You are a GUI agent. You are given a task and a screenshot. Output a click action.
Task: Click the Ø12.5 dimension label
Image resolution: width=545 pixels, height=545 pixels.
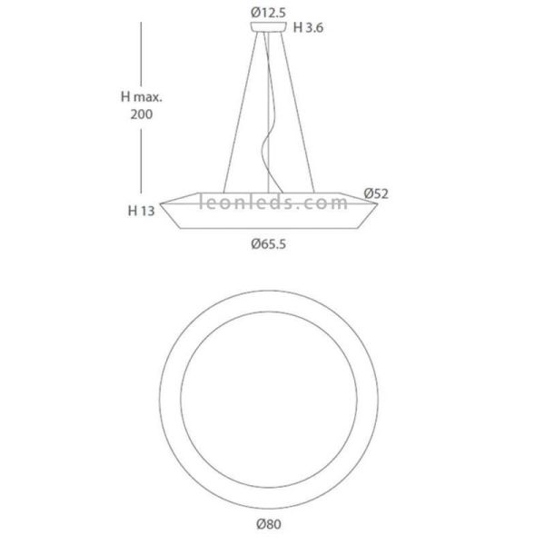pyautogui.click(x=268, y=13)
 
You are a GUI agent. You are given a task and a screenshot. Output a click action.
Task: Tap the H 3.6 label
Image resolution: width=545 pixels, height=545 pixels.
pyautogui.click(x=308, y=27)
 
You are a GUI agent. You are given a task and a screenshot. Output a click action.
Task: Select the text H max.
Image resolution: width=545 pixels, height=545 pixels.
pyautogui.click(x=142, y=96)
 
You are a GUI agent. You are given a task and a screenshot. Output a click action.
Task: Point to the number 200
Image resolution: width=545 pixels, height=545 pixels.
pyautogui.click(x=142, y=114)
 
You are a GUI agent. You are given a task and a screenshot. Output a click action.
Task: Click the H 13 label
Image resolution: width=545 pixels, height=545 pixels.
pyautogui.click(x=141, y=211)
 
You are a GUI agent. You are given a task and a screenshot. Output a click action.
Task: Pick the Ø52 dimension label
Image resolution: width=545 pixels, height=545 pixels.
pyautogui.click(x=376, y=193)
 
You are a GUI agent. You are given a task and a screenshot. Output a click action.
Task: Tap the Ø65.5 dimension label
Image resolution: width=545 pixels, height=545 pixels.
pyautogui.click(x=269, y=244)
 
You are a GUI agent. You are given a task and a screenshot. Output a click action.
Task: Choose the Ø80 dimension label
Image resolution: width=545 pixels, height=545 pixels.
pyautogui.click(x=269, y=523)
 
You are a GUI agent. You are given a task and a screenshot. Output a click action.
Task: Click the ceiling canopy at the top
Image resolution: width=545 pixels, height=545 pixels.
pyautogui.click(x=269, y=27)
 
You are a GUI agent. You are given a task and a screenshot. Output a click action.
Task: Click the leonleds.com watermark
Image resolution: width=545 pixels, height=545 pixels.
pyautogui.click(x=273, y=202)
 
